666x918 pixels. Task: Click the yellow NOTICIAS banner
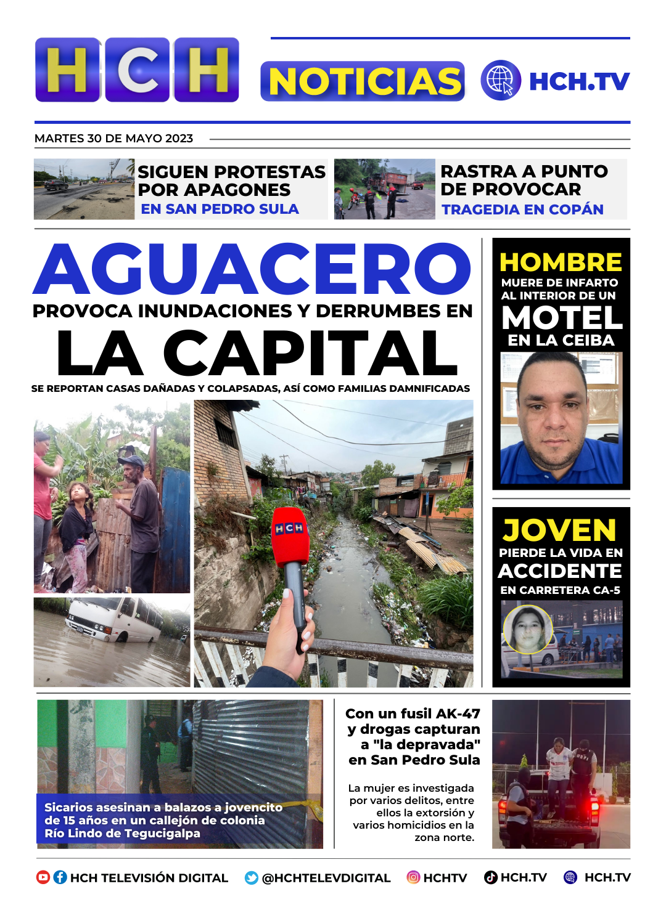point(363,81)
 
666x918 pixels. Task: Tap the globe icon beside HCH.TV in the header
point(500,80)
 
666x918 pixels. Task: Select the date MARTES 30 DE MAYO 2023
point(114,139)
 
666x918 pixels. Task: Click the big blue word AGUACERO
point(253,269)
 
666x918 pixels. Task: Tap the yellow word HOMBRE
point(561,262)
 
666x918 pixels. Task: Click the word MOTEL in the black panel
point(562,318)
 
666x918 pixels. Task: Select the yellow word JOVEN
point(560,530)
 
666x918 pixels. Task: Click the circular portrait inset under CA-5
point(528,628)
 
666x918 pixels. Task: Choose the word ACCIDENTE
point(560,571)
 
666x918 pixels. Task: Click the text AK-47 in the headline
point(458,713)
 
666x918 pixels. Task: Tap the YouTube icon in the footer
point(43,877)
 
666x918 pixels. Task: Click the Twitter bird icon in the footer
point(252,878)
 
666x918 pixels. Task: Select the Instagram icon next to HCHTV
point(413,877)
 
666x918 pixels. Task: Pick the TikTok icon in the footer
point(491,877)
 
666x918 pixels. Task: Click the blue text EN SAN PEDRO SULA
point(220,209)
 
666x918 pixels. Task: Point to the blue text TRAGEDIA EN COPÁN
point(522,209)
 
